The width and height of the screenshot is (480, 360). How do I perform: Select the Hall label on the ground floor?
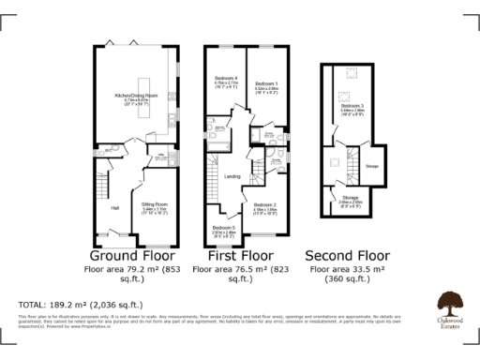click(115, 207)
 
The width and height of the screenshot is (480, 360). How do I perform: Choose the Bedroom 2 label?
click(264, 204)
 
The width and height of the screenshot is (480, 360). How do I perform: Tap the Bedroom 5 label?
click(223, 228)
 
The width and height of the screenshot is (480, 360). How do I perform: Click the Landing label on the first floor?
click(232, 175)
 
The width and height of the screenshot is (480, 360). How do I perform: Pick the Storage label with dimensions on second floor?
click(350, 200)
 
